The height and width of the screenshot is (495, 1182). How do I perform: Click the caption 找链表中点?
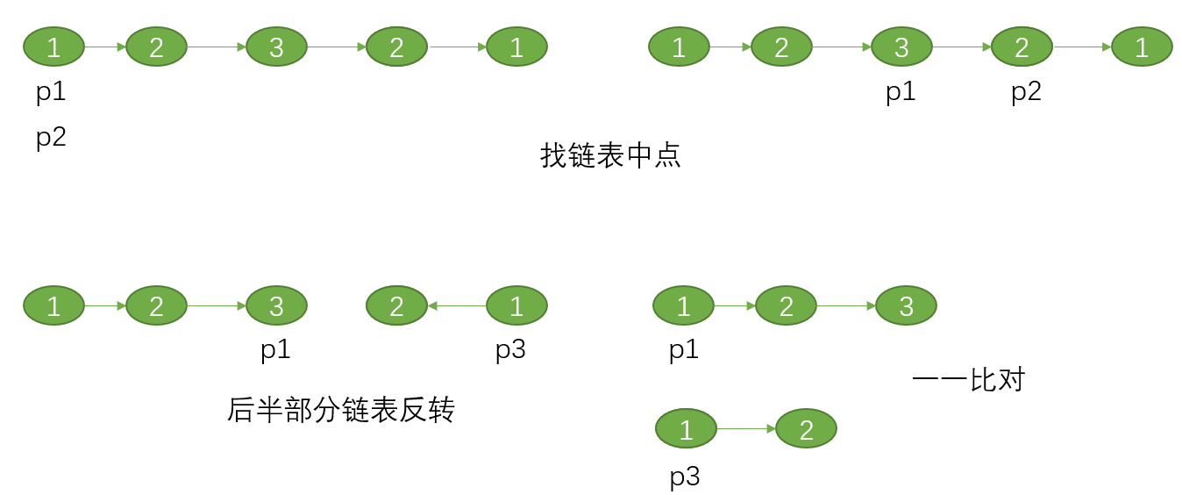pyautogui.click(x=610, y=156)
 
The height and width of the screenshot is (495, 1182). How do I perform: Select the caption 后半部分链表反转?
pyautogui.click(x=341, y=410)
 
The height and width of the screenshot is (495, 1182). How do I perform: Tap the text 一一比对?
pyautogui.click(x=968, y=380)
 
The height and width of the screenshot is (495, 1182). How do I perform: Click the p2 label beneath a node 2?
pyautogui.click(x=1026, y=92)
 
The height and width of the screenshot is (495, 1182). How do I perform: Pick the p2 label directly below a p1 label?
pyautogui.click(x=51, y=138)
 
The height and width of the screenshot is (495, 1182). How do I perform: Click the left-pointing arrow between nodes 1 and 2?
pyautogui.click(x=457, y=305)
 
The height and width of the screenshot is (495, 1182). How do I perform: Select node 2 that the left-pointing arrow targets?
pyautogui.click(x=396, y=305)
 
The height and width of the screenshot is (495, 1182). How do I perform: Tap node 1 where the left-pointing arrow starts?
pyautogui.click(x=516, y=305)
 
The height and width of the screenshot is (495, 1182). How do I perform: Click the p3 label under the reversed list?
pyautogui.click(x=510, y=350)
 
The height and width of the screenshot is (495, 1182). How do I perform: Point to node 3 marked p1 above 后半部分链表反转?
pyautogui.click(x=276, y=305)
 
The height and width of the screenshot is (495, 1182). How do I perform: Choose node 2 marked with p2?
pyautogui.click(x=1022, y=47)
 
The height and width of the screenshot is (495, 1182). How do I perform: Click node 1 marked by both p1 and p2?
pyautogui.click(x=53, y=47)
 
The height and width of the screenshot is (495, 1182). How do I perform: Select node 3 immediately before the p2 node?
pyautogui.click(x=901, y=47)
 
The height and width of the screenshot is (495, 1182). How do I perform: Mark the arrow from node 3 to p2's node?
pyautogui.click(x=961, y=47)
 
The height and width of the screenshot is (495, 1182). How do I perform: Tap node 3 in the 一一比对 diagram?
pyautogui.click(x=906, y=305)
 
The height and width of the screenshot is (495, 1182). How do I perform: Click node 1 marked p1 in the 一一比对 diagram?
pyautogui.click(x=683, y=305)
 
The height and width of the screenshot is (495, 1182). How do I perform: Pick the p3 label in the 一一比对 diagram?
pyautogui.click(x=685, y=477)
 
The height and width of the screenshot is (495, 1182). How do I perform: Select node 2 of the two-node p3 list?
pyautogui.click(x=806, y=429)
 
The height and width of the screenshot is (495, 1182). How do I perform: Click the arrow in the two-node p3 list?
pyautogui.click(x=746, y=429)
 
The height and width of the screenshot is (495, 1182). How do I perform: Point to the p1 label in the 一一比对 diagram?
pyautogui.click(x=684, y=350)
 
